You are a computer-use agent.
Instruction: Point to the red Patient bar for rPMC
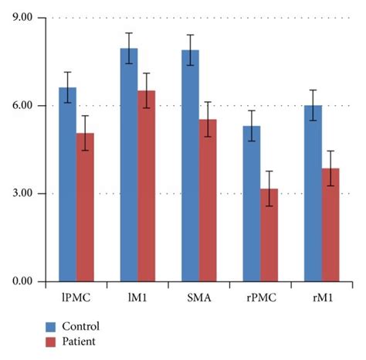[269, 235]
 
